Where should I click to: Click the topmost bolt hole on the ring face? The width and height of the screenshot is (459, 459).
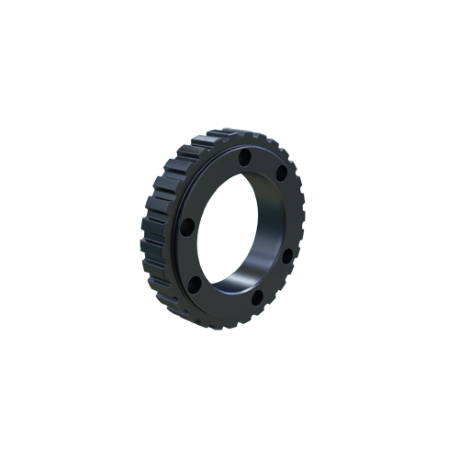245,159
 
